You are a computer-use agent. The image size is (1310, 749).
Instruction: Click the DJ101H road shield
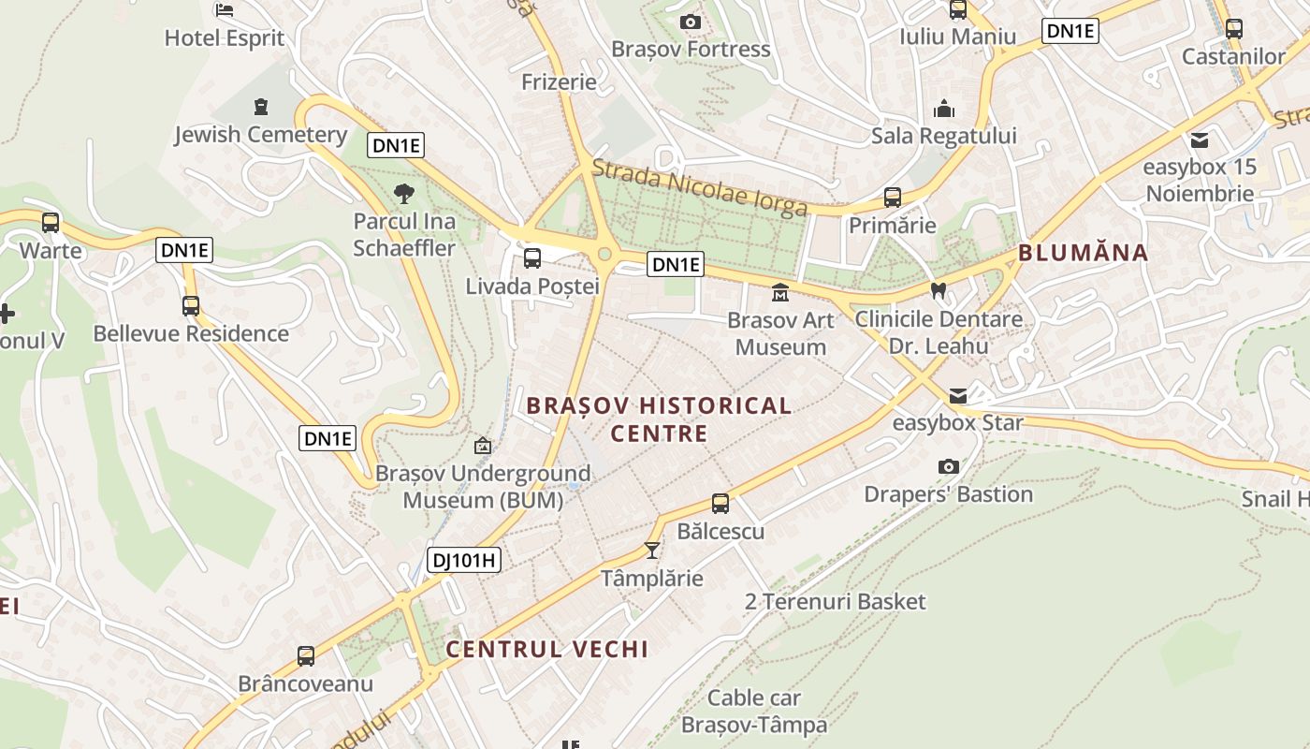coord(464,561)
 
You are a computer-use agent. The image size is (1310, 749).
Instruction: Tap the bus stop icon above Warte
coord(51,223)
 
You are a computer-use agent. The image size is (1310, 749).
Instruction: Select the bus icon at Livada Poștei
coord(532,258)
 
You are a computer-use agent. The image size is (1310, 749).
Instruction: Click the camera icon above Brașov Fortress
coord(691,22)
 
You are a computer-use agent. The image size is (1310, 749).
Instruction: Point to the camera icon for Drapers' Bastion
coord(948,466)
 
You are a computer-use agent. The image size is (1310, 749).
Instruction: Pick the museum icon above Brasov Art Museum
coord(779,293)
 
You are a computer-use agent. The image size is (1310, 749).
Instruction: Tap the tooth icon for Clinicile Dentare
coord(939,291)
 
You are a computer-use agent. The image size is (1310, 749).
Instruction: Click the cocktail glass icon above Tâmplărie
coord(652,551)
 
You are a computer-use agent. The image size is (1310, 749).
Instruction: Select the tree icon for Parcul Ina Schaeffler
coord(404,195)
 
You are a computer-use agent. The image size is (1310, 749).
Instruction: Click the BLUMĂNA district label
coord(1083,252)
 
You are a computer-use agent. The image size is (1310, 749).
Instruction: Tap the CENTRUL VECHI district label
coord(546,649)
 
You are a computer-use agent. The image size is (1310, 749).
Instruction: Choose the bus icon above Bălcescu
coord(720,504)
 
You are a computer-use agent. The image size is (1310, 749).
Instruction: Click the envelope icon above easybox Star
coord(958,396)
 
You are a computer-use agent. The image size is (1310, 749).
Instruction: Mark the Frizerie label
coord(559,81)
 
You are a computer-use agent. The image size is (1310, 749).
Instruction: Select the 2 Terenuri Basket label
coord(835,601)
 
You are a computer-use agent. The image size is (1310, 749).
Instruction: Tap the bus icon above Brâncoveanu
coord(306,656)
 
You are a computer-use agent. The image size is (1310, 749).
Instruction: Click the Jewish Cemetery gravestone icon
coord(260,107)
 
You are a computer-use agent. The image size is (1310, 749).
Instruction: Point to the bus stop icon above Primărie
coord(893,198)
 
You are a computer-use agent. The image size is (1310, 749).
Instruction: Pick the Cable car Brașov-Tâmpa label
coord(754,711)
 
